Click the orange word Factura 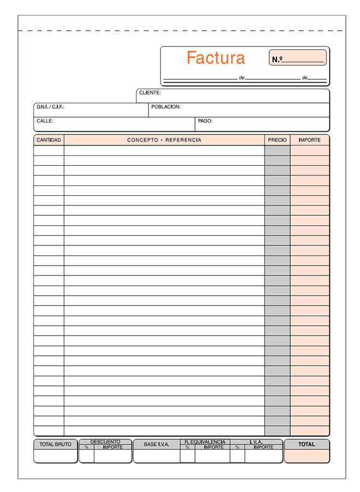point(216,58)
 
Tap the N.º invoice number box point(299,58)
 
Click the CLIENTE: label point(150,93)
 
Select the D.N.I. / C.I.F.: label point(50,107)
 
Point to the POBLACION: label point(166,107)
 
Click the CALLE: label point(45,121)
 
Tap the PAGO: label point(205,121)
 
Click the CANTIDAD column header point(49,140)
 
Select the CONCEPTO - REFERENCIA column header point(164,140)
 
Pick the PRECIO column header point(278,140)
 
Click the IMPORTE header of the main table point(310,140)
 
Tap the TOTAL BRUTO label point(55,444)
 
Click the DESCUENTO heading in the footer point(105,442)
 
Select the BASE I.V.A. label point(156,444)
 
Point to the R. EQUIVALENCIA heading point(205,442)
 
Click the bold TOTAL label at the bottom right point(306,444)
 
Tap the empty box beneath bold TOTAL point(306,456)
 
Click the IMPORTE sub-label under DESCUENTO point(113,447)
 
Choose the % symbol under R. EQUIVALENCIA point(187,447)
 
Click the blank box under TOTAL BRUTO point(55,456)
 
